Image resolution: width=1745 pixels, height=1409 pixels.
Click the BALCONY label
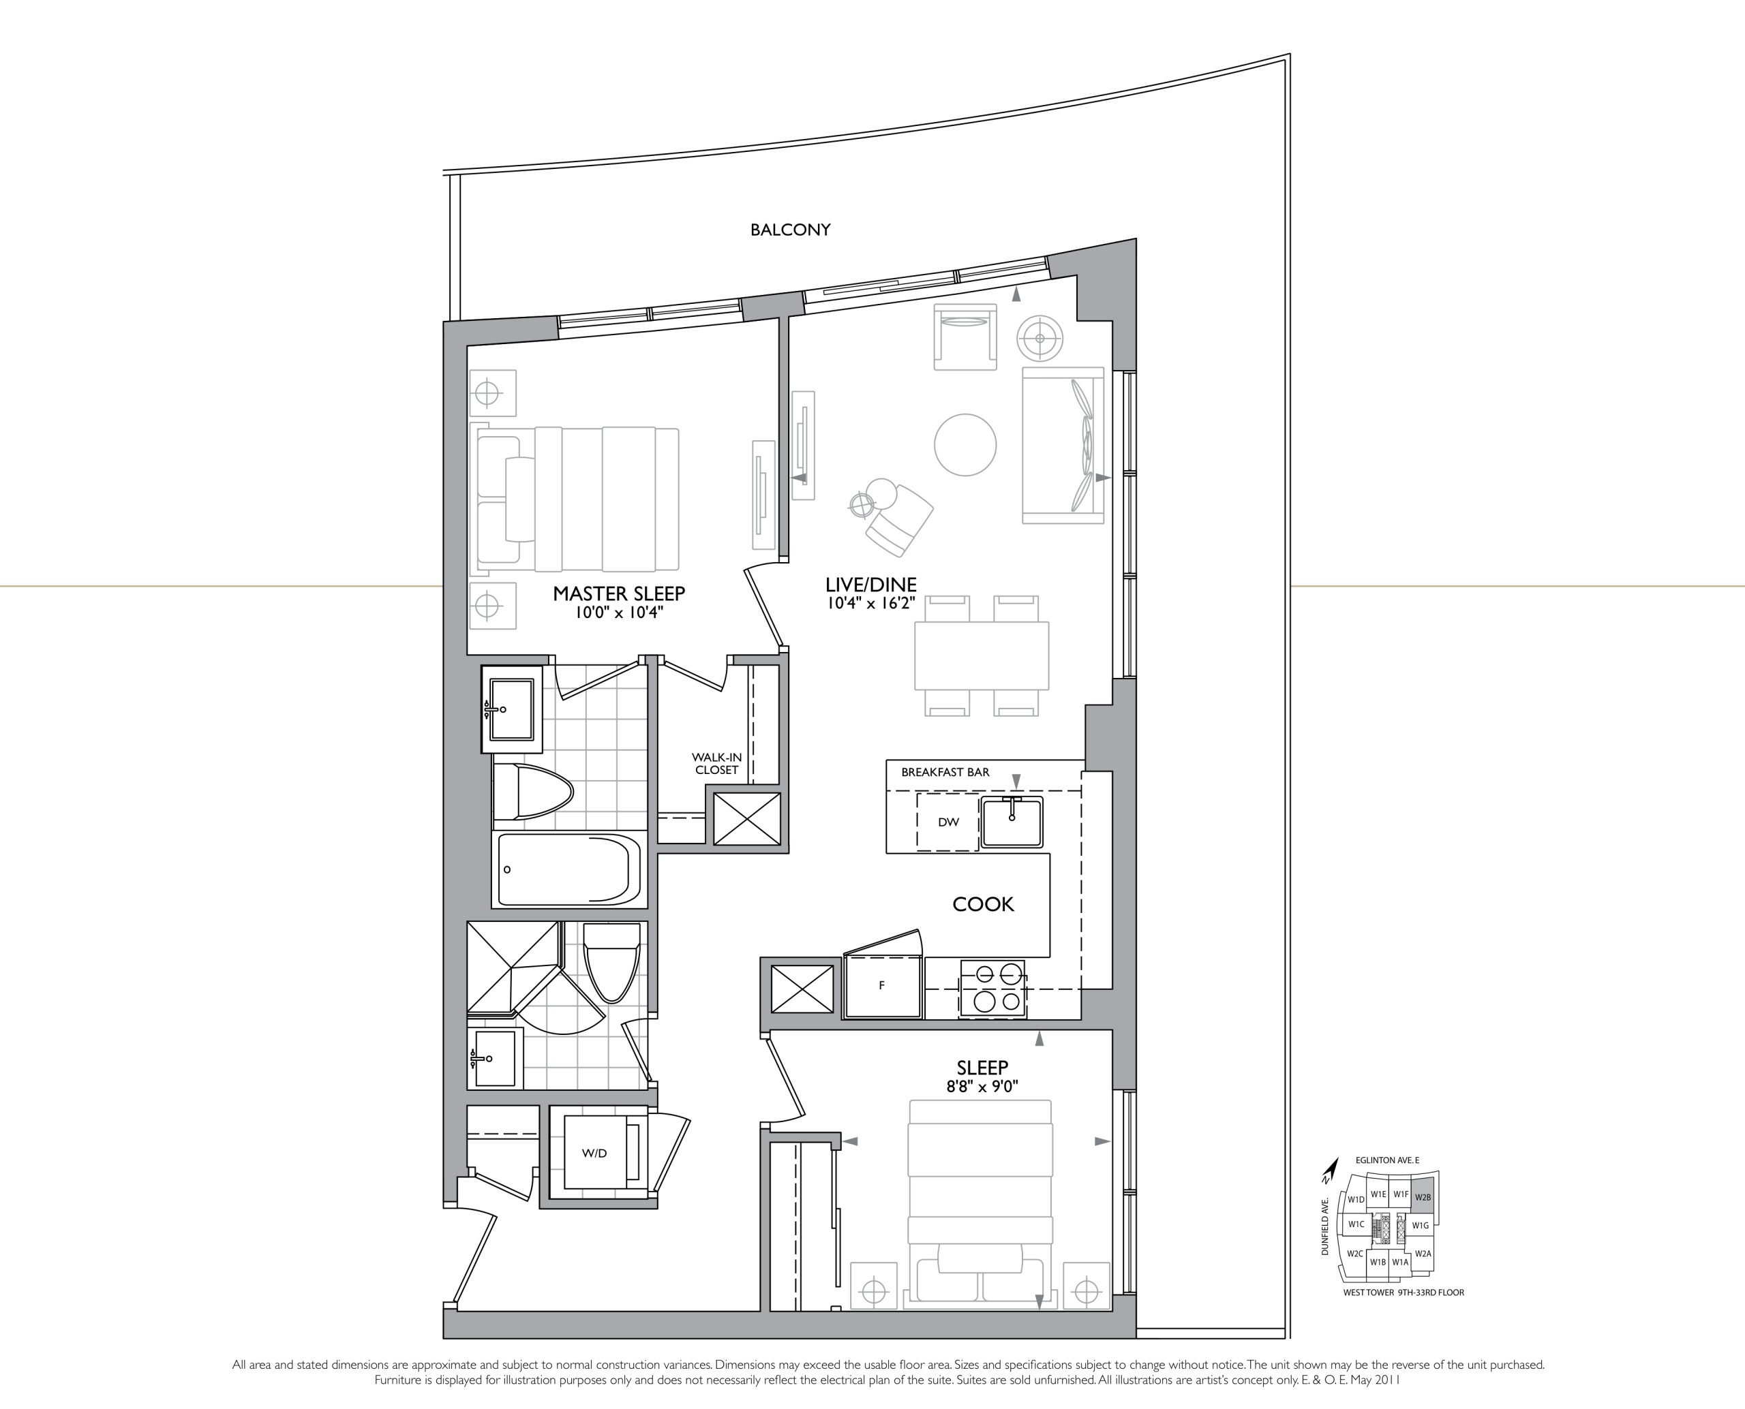pyautogui.click(x=790, y=230)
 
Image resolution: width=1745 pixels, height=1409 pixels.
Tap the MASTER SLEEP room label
pyautogui.click(x=619, y=593)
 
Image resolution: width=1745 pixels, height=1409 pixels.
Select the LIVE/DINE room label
pyautogui.click(x=870, y=585)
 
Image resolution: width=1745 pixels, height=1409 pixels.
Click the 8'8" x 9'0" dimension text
pyautogui.click(x=982, y=1086)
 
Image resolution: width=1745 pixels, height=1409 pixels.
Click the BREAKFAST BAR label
pyautogui.click(x=945, y=772)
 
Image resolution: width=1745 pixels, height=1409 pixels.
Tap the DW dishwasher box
pyautogui.click(x=947, y=822)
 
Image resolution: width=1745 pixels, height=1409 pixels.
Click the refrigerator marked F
pyautogui.click(x=883, y=985)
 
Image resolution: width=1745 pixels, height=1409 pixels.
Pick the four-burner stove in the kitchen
pyautogui.click(x=992, y=989)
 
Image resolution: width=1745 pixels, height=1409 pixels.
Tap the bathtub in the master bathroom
pyautogui.click(x=568, y=869)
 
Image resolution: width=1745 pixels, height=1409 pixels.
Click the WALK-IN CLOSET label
pyautogui.click(x=716, y=763)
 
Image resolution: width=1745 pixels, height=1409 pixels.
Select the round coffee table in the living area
pyautogui.click(x=965, y=444)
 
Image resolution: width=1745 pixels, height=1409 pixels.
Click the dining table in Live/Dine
pyautogui.click(x=982, y=656)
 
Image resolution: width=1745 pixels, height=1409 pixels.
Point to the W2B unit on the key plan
pyautogui.click(x=1423, y=1197)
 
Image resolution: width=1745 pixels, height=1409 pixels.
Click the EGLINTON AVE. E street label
pyautogui.click(x=1387, y=1160)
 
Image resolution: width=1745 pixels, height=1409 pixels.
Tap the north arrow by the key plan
pyautogui.click(x=1329, y=1170)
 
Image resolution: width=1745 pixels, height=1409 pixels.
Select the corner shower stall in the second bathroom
pyautogui.click(x=514, y=967)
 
